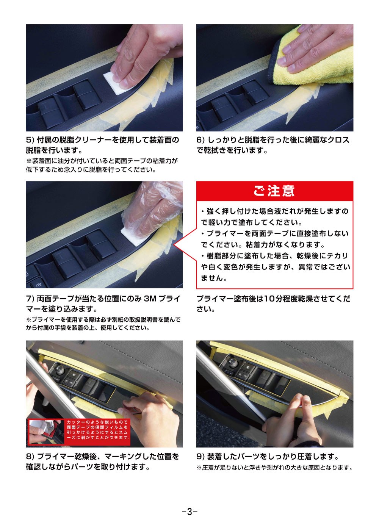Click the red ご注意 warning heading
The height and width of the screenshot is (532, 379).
(x=274, y=191)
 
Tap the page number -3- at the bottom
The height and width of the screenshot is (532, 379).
(x=189, y=512)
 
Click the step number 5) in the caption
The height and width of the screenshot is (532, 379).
(x=30, y=140)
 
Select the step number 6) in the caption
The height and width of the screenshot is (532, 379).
(x=200, y=140)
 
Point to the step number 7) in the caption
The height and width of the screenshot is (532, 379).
(x=30, y=299)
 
